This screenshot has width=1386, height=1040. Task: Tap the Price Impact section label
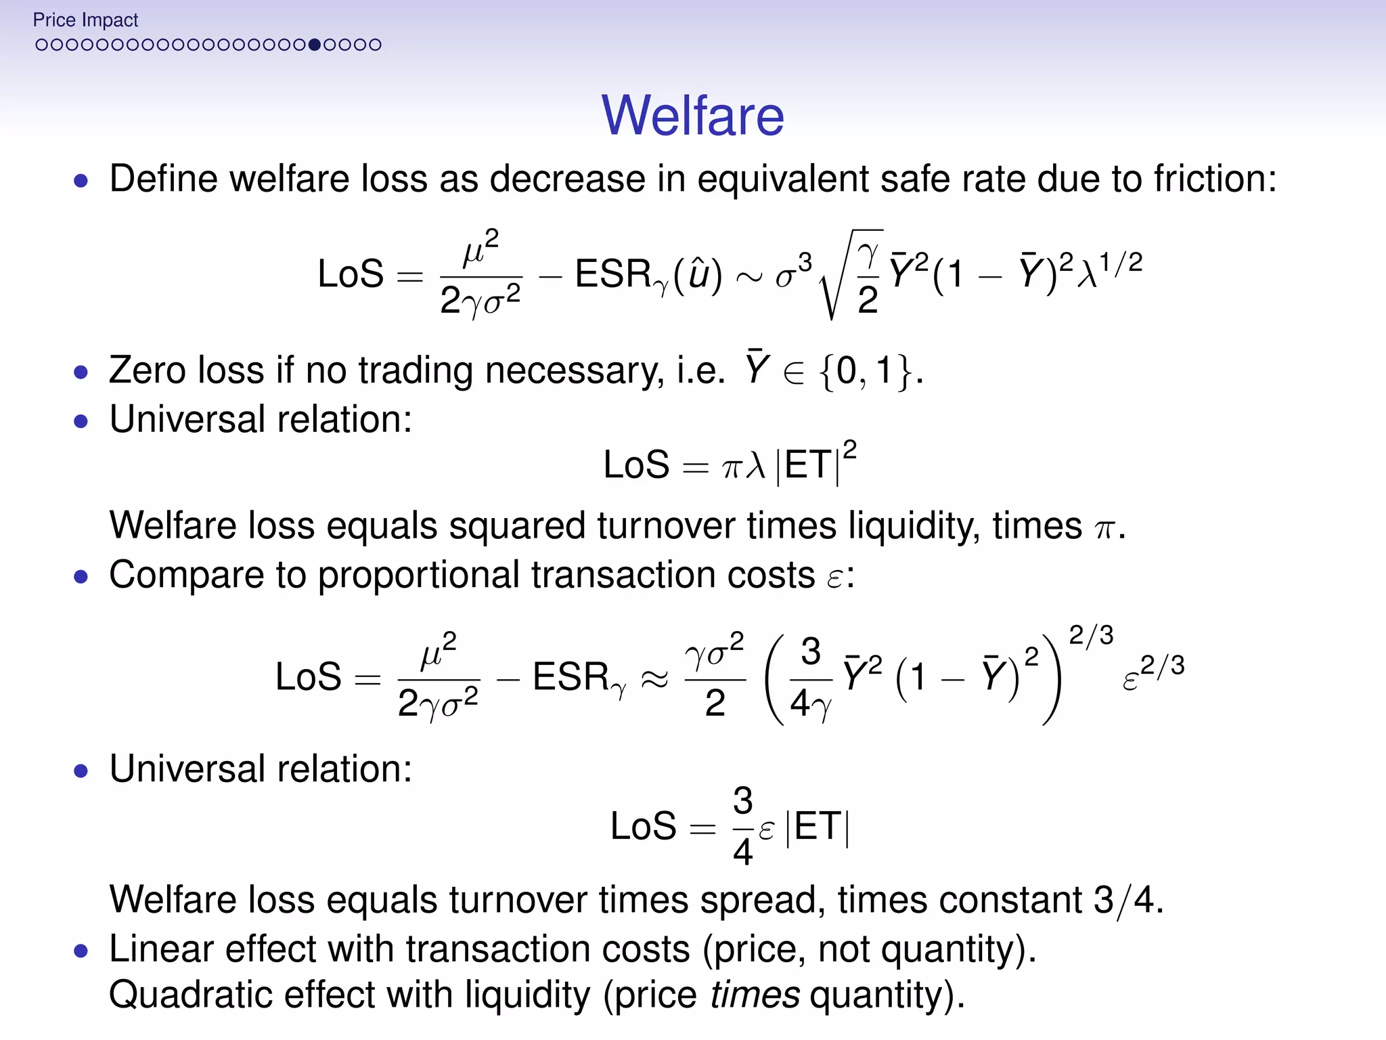coord(85,20)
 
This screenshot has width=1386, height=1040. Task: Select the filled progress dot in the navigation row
coord(314,45)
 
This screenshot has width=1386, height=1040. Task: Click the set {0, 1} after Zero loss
coord(866,371)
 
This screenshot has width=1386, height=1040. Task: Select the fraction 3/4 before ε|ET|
coord(742,826)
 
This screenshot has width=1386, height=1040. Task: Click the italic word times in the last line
coord(755,995)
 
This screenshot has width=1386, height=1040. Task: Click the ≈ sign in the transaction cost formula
coord(654,678)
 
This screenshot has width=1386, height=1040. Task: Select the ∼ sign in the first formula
coord(748,276)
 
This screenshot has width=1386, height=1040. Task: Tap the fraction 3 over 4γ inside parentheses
coord(811,678)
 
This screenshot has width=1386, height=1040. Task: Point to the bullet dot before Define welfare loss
coord(81,181)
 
